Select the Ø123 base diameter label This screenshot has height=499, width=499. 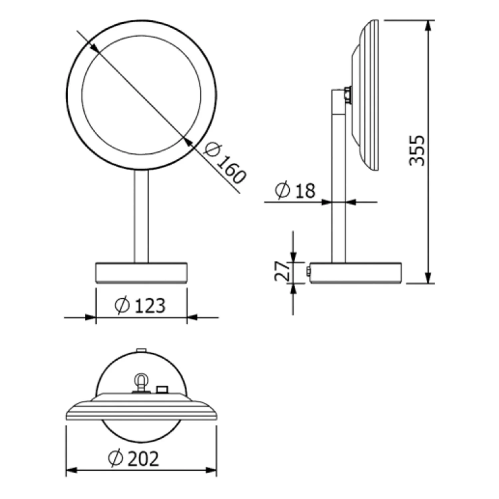(x=140, y=305)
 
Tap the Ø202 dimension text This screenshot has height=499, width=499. (x=134, y=459)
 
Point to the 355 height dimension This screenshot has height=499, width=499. (x=417, y=150)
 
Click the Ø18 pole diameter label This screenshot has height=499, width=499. (x=295, y=191)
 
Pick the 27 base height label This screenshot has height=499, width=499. (x=282, y=271)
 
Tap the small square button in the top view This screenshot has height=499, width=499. (x=162, y=389)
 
